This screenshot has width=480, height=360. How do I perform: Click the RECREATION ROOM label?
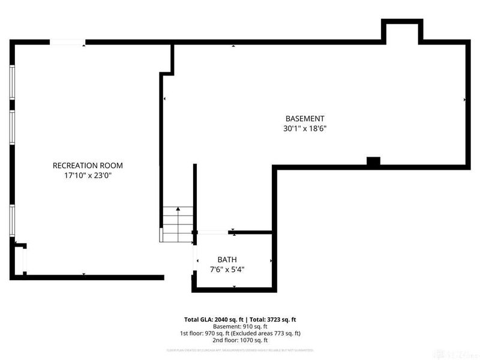(88, 166)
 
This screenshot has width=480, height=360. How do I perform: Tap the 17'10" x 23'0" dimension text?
(88, 176)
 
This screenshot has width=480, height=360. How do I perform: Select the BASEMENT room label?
(304, 118)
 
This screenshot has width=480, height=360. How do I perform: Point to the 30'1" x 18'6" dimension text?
(304, 128)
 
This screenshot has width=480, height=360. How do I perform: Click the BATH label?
(227, 259)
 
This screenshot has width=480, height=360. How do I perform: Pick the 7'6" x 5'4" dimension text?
(227, 269)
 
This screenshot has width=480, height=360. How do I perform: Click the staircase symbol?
(177, 224)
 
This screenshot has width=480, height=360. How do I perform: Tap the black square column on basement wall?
(373, 161)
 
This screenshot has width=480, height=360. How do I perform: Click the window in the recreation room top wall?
(66, 41)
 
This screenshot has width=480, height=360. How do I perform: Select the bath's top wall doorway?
(213, 232)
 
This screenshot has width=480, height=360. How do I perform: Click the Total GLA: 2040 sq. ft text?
(213, 319)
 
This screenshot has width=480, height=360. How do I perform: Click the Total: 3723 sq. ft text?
(274, 319)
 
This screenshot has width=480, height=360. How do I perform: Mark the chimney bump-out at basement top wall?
(403, 31)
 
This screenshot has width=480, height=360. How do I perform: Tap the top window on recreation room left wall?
(12, 82)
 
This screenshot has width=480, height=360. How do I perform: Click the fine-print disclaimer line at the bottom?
(240, 349)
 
